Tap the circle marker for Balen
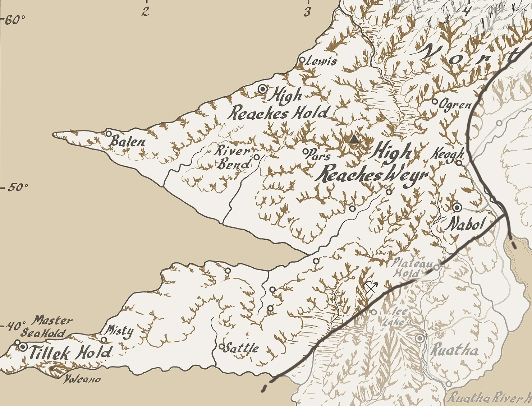(x=109, y=133)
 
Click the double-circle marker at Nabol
(x=457, y=207)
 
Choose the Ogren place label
(x=455, y=105)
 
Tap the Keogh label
(x=447, y=154)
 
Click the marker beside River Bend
(x=257, y=157)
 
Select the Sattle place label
(x=244, y=348)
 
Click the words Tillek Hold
(x=69, y=353)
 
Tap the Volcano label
(x=82, y=379)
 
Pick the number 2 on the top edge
(x=145, y=12)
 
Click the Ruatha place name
(x=455, y=350)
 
